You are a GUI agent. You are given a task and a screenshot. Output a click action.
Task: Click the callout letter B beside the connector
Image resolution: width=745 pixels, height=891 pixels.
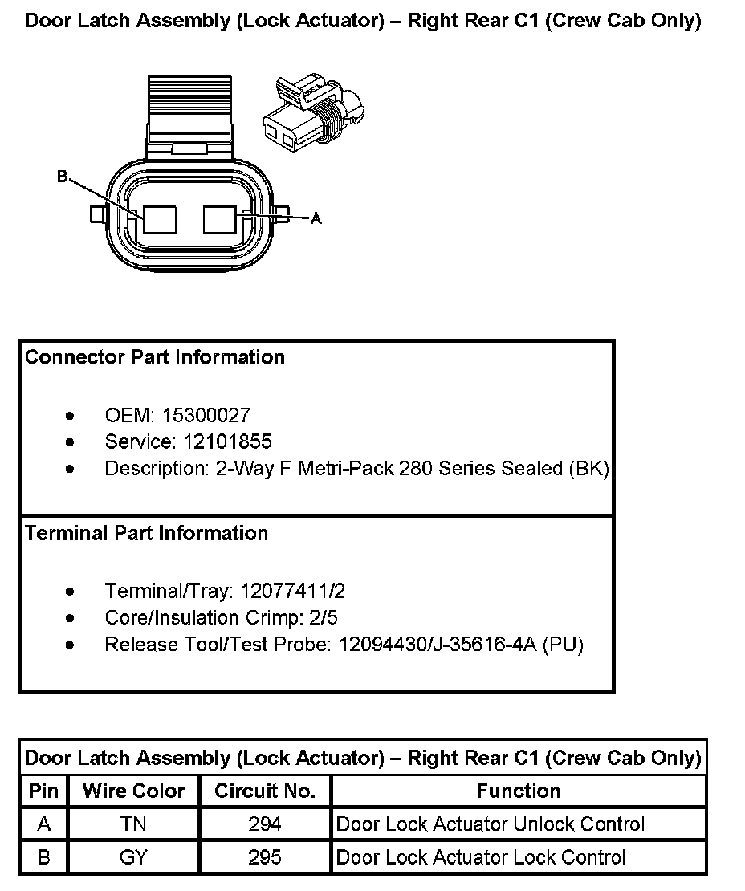(62, 177)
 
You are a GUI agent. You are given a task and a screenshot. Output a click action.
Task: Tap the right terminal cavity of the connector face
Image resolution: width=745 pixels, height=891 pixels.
(221, 219)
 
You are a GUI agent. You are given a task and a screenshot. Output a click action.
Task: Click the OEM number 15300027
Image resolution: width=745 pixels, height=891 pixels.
(206, 416)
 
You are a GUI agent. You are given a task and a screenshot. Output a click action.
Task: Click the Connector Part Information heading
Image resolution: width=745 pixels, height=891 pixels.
(155, 357)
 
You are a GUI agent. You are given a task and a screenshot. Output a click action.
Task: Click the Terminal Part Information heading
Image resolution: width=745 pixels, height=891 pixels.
(147, 533)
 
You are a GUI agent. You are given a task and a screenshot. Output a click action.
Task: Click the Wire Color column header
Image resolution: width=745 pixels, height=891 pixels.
(133, 791)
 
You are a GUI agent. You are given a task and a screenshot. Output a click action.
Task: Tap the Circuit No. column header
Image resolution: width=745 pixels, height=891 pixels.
(265, 791)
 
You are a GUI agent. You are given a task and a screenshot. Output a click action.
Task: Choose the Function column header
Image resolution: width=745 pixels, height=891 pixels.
(519, 791)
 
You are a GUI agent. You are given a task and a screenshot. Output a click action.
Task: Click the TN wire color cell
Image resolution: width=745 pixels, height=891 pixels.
(133, 824)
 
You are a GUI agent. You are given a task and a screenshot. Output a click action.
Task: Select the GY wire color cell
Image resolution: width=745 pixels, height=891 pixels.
(133, 857)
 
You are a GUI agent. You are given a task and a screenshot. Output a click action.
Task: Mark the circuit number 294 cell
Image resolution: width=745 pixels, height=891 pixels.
(265, 824)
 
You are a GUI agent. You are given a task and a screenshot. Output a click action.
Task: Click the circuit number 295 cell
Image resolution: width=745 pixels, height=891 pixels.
(265, 857)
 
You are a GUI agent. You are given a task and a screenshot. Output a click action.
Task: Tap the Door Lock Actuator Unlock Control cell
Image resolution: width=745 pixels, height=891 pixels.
(491, 824)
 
